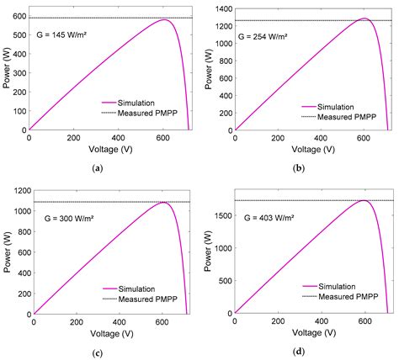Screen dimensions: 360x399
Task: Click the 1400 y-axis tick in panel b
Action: point(222,8)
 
